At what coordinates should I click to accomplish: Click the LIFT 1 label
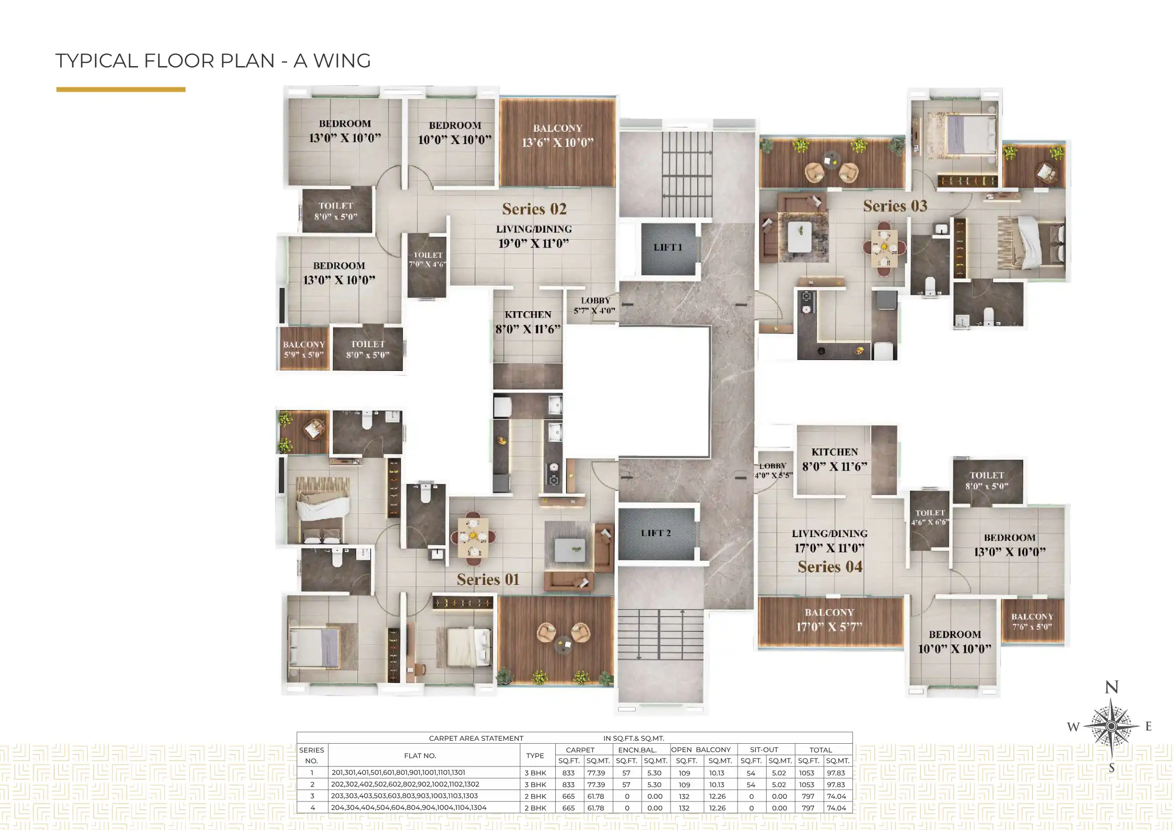coord(668,248)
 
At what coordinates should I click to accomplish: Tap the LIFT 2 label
coord(655,534)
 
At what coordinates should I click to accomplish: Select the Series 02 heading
coord(534,209)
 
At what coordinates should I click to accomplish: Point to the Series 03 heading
coord(895,206)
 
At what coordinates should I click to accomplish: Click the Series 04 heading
coord(830,567)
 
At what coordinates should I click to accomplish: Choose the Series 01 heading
coord(488,580)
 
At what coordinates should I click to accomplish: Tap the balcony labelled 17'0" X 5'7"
coord(829,620)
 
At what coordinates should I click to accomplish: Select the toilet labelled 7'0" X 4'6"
coord(427,265)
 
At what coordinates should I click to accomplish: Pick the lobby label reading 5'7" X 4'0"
coord(595,306)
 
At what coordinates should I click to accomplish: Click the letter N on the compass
coord(1111,687)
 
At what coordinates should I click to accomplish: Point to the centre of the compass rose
coord(1111,726)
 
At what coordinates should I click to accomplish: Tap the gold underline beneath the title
coord(121,89)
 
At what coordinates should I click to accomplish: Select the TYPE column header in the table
coord(535,756)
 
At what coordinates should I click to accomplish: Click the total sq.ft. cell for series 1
coord(806,773)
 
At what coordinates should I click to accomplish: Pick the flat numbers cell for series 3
coord(404,796)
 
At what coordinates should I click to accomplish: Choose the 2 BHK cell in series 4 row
coord(535,808)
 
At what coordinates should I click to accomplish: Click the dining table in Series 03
coord(884,249)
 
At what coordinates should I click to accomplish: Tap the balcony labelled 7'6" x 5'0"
coord(1032,622)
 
